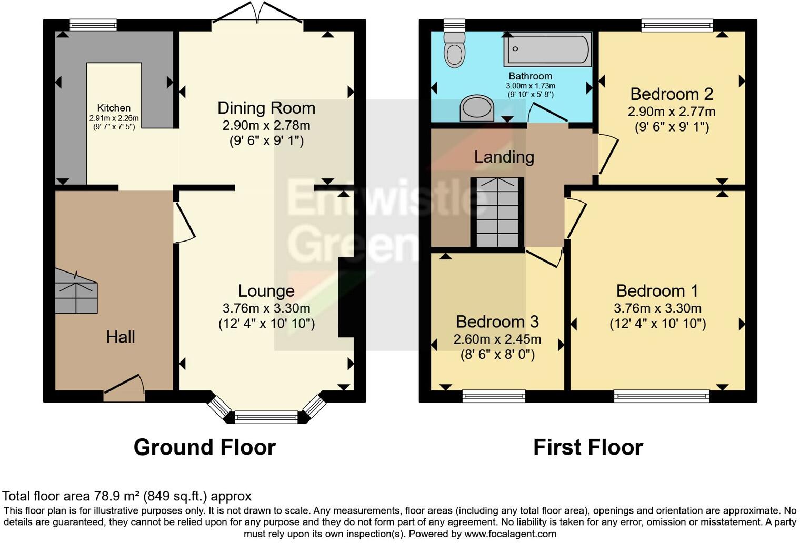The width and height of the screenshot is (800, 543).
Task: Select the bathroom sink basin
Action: [477, 108]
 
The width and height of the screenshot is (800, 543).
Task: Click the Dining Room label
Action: [266, 108]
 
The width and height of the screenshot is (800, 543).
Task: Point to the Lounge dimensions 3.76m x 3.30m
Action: [266, 308]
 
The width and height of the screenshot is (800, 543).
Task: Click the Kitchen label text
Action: [114, 108]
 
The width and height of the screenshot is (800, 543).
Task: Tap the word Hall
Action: [121, 337]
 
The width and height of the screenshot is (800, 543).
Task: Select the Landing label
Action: [504, 157]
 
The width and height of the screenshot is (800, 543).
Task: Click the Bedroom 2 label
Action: [671, 94]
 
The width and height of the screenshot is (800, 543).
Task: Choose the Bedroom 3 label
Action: [497, 321]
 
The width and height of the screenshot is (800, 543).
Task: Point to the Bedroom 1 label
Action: [657, 291]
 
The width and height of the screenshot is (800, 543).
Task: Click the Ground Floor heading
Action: [204, 447]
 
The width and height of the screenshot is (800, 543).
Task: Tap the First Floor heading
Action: [588, 447]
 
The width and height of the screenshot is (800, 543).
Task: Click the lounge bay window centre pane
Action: [266, 417]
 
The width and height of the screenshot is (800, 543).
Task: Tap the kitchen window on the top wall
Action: [93, 24]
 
